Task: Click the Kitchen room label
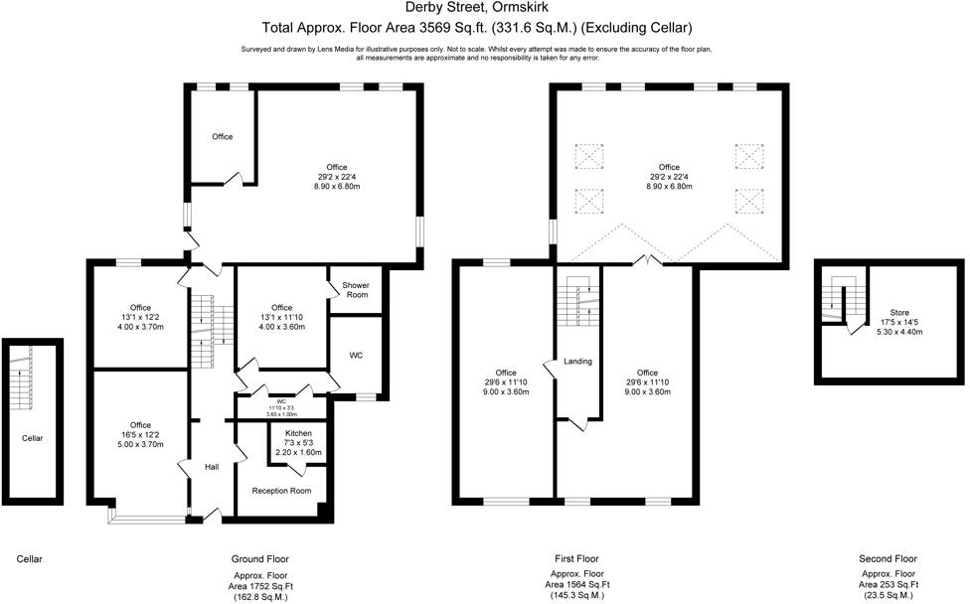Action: (x=298, y=434)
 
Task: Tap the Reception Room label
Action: (x=281, y=491)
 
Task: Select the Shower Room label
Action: (x=356, y=290)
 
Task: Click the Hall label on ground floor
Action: (x=212, y=466)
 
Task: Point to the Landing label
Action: (x=577, y=361)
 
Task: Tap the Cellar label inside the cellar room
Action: (x=32, y=436)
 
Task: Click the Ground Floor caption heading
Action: (x=259, y=559)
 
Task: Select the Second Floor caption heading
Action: (x=889, y=559)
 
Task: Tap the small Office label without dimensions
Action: (x=222, y=136)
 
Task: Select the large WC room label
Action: (x=355, y=354)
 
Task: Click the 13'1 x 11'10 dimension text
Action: (x=281, y=318)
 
